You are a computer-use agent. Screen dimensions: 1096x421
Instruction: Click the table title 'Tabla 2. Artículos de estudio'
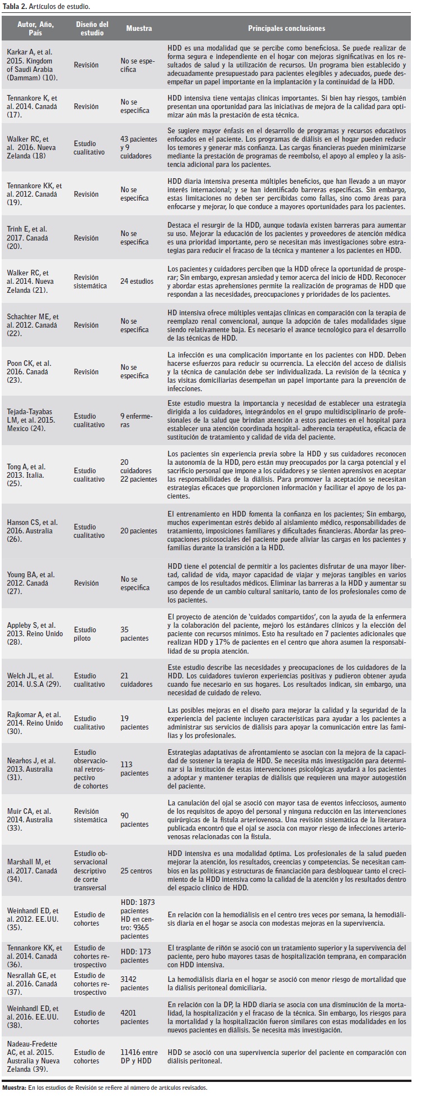pyautogui.click(x=43, y=7)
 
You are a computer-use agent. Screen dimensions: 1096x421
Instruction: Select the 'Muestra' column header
pyautogui.click(x=138, y=28)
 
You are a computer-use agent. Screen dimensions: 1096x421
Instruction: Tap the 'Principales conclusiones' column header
pyautogui.click(x=286, y=28)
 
